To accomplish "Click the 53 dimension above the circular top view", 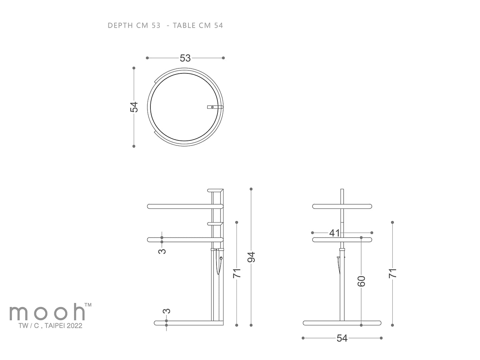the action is click(185, 58).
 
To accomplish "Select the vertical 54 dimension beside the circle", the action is click(134, 107).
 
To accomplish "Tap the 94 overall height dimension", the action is click(251, 257).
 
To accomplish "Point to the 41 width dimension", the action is click(334, 233).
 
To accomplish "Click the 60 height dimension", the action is click(361, 281).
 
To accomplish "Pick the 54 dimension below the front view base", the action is click(342, 338).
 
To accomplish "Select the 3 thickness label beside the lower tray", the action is click(162, 251).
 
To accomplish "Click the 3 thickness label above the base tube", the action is click(166, 311).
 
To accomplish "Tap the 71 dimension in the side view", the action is click(236, 273).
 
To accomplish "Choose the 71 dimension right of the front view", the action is click(393, 273).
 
